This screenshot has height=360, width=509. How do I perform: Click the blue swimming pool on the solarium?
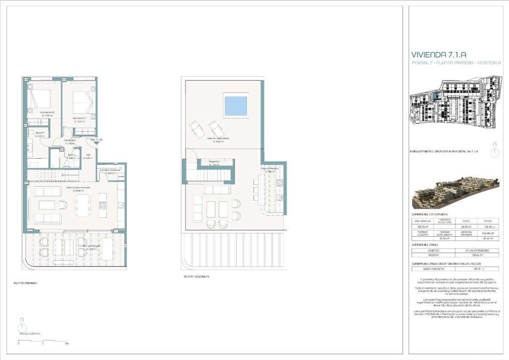coord(236,105)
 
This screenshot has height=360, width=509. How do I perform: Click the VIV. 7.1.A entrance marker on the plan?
coord(96,140)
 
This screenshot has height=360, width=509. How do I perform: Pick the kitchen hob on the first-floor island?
coord(102,205)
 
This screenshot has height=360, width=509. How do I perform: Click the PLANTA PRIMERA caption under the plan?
coord(25,283)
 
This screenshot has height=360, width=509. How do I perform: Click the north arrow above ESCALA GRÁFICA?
coord(21,323)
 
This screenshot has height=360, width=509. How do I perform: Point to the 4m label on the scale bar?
coord(67,344)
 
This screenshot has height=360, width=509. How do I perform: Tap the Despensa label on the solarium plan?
coord(214,162)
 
